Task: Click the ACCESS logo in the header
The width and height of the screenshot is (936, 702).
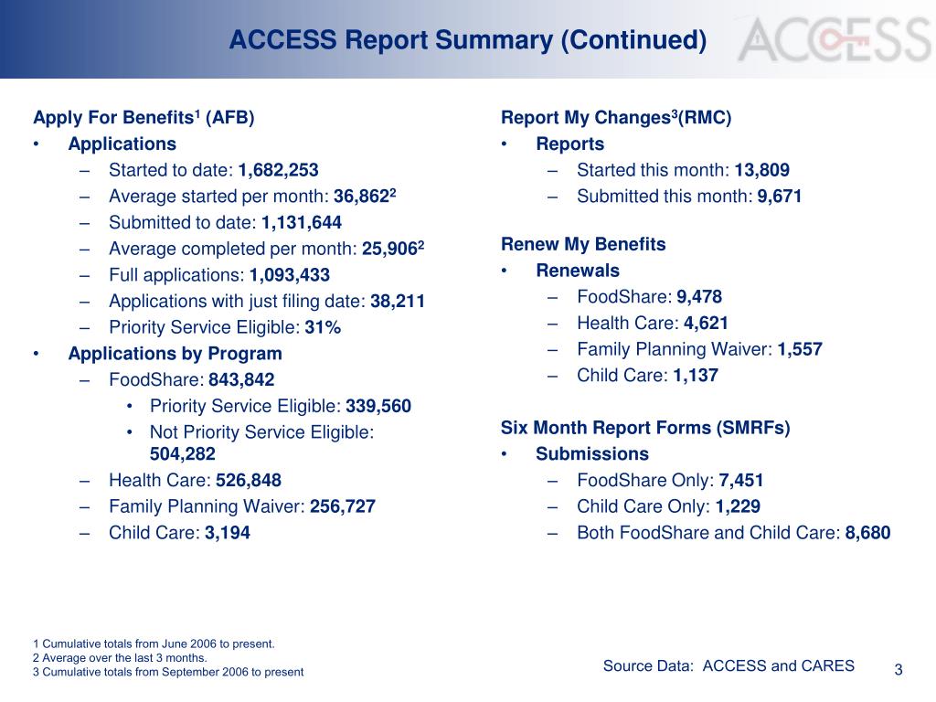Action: pos(835,39)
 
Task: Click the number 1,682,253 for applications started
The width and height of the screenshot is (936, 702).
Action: pos(279,170)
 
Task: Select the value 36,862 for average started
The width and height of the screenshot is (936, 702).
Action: pos(362,197)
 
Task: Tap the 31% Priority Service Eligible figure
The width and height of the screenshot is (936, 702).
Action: pos(323,327)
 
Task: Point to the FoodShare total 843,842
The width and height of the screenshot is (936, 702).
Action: pos(241,380)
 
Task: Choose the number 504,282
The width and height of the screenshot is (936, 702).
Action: pos(183,454)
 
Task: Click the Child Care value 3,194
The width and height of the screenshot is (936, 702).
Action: pos(228,533)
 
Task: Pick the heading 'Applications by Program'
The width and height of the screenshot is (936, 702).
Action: pos(175,354)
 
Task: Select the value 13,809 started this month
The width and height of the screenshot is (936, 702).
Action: pos(762,170)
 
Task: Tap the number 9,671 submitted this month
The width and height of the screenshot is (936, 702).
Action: pos(780,197)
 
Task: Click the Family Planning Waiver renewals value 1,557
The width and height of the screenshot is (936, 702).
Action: pos(800,349)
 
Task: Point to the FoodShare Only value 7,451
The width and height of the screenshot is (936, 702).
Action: pos(741,481)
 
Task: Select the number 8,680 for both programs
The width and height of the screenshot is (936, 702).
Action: pos(867,533)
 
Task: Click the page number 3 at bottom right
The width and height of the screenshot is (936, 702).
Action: pos(899,670)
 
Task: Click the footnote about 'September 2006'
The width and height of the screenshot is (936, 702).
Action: pos(168,672)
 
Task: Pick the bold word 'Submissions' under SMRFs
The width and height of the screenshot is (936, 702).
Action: pos(592,454)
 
